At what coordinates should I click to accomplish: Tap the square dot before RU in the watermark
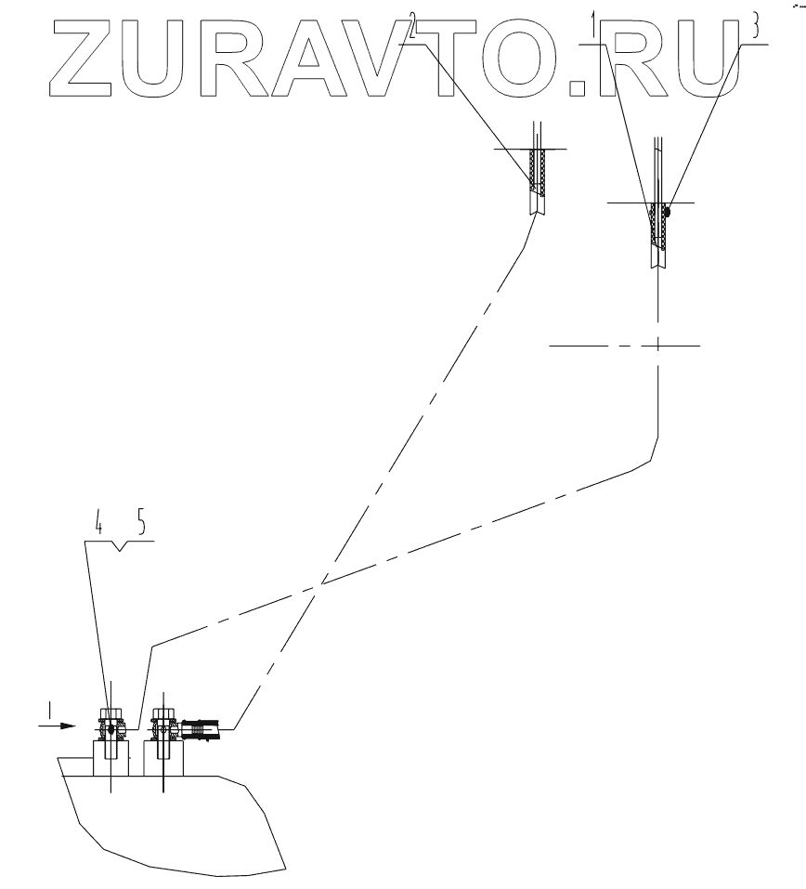[579, 86]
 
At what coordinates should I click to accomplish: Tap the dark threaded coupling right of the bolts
[201, 729]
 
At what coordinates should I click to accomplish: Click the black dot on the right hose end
[668, 212]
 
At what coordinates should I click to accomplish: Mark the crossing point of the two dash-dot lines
[323, 583]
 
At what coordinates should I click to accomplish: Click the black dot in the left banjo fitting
[110, 729]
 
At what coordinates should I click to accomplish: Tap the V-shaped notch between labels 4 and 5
[121, 551]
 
